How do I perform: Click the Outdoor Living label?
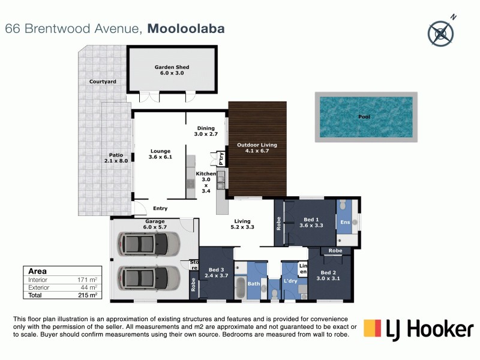(256, 148)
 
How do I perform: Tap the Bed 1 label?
(310, 223)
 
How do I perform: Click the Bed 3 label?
(216, 274)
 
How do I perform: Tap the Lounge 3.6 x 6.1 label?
(160, 154)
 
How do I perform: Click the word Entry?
(160, 209)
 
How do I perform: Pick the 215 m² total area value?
(91, 296)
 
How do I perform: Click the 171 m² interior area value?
(91, 280)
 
